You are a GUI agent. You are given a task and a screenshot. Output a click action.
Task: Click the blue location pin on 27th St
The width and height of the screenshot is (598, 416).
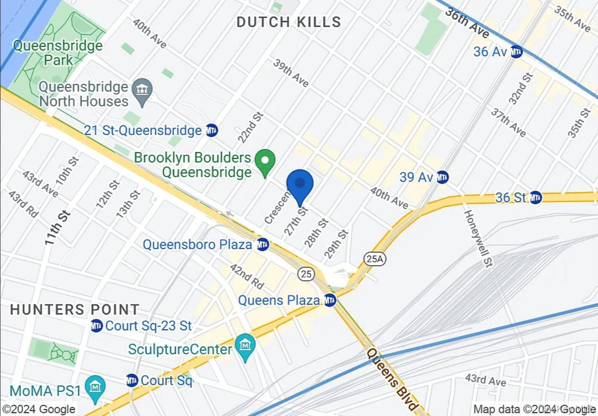[300, 184]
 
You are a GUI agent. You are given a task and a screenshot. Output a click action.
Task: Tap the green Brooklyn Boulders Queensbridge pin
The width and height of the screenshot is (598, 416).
[265, 160]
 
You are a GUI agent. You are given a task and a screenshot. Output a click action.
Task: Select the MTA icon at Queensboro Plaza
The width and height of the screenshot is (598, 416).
[262, 245]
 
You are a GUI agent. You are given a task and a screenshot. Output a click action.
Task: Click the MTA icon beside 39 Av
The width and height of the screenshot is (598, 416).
[442, 177]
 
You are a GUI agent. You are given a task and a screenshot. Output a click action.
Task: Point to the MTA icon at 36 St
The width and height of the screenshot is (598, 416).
[535, 198]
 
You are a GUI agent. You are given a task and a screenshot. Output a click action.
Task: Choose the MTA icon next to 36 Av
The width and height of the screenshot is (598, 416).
[516, 52]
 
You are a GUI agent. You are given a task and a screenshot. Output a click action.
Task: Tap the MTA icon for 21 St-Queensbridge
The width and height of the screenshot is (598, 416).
[212, 130]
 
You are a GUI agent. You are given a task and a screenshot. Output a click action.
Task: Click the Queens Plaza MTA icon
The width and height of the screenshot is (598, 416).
[330, 300]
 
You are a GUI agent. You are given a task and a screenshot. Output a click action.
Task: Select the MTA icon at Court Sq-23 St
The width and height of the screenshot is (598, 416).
[96, 326]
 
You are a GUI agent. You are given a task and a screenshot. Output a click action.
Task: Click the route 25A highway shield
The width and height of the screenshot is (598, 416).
[375, 259]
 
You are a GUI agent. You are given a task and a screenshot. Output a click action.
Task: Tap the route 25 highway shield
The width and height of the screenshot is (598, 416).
[306, 274]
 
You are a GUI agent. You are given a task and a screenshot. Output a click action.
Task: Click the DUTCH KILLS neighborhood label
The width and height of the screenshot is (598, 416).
[289, 22]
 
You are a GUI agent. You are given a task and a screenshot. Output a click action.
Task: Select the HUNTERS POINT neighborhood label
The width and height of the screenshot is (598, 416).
[75, 310]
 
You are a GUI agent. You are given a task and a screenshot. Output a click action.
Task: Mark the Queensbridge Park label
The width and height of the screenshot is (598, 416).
[58, 53]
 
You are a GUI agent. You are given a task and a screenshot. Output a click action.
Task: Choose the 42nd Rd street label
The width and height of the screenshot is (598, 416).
[247, 277]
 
